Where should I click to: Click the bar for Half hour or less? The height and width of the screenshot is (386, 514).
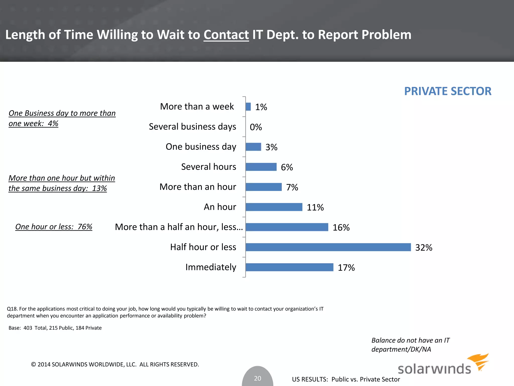(x=328, y=247)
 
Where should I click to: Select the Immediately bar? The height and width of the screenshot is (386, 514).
(x=289, y=267)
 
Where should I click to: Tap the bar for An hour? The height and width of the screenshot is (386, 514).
(x=274, y=207)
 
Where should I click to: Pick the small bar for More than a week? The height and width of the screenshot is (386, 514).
(x=248, y=107)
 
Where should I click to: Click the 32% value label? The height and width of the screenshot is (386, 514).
(x=424, y=248)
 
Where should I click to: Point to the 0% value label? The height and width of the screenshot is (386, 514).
(x=256, y=127)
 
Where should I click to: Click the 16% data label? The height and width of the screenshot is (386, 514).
(x=341, y=227)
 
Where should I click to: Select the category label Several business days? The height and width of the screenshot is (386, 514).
(x=192, y=127)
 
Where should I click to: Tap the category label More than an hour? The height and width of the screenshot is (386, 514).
(x=198, y=187)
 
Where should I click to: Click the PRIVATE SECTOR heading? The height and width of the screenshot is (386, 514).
(x=447, y=91)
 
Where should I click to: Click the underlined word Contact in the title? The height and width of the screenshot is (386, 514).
(x=226, y=35)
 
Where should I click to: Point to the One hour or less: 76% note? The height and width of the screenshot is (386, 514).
(x=54, y=227)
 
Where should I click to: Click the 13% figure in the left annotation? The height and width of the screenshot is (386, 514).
(x=99, y=188)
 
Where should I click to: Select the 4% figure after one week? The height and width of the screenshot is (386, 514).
(x=53, y=124)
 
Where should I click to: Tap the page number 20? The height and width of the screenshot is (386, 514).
(x=258, y=378)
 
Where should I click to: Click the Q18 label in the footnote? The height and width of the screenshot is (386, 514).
(x=12, y=309)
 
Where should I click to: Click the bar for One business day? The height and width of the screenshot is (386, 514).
(x=253, y=147)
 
